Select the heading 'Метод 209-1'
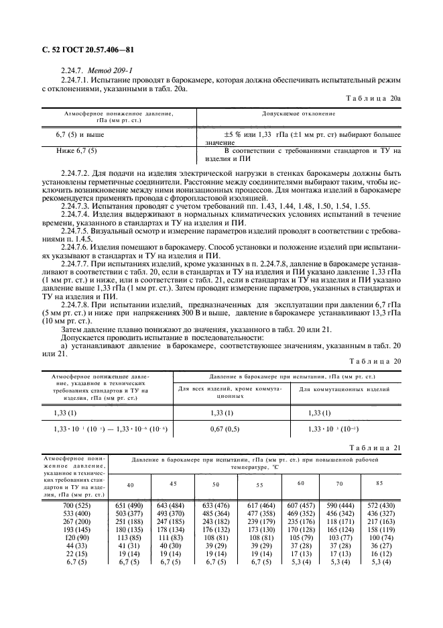tap(103, 70)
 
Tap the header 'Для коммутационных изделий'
tap(344, 390)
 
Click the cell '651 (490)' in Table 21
tap(129, 505)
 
